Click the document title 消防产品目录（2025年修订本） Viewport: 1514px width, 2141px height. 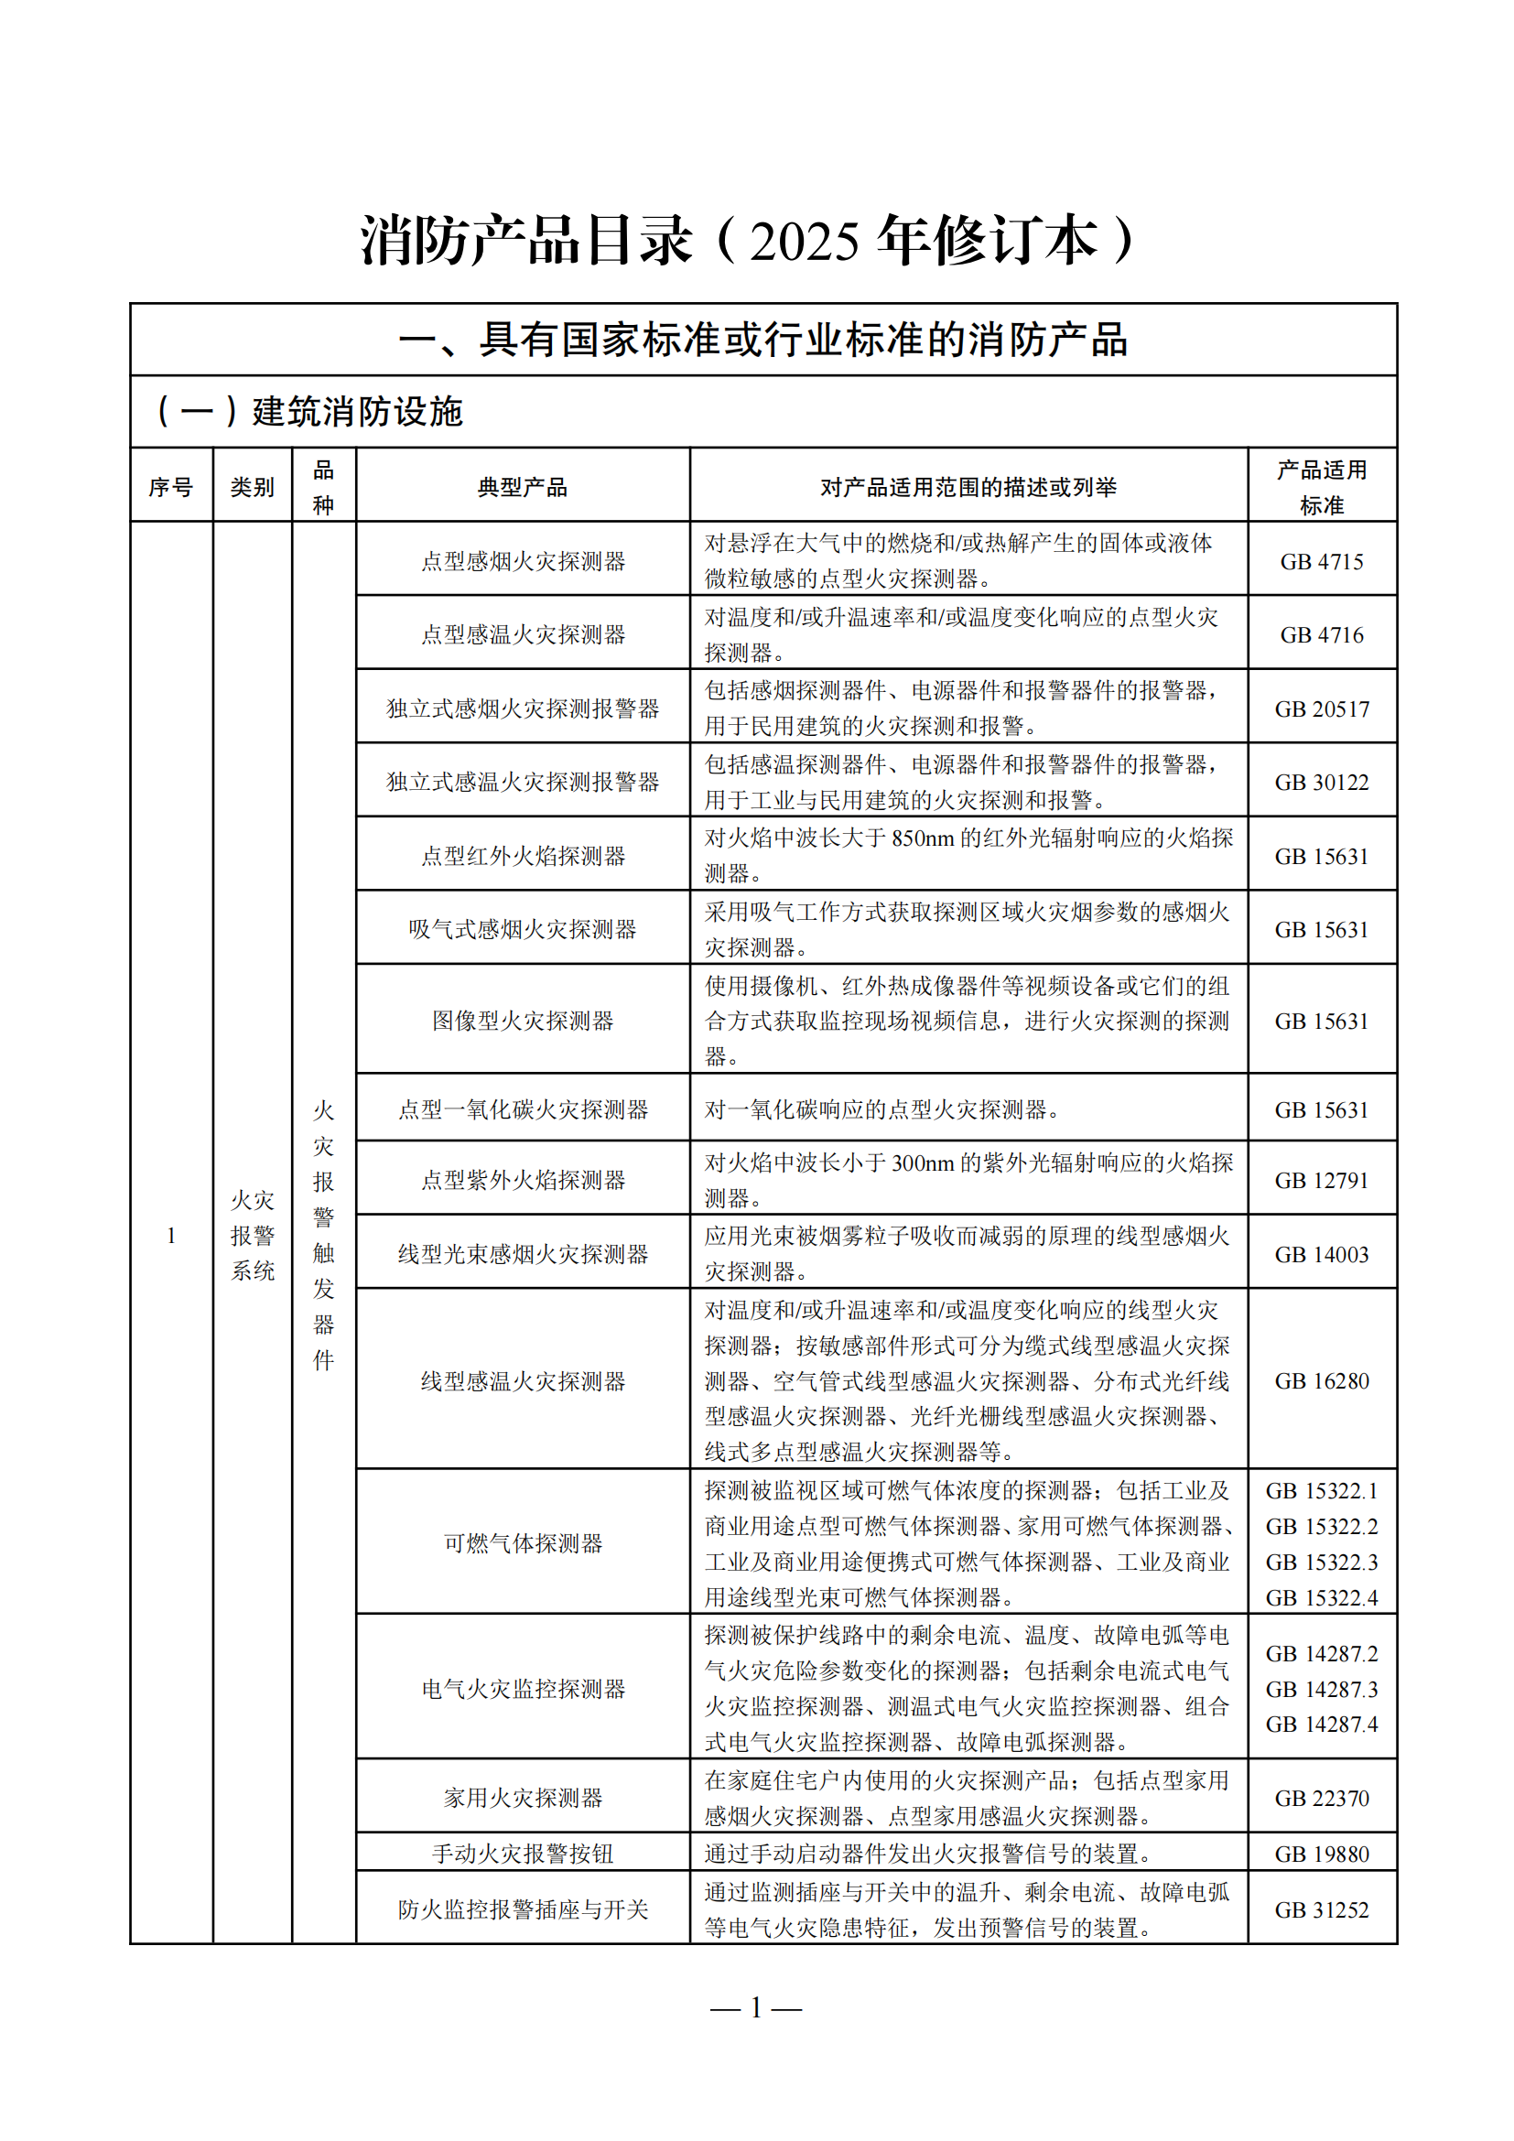point(749,241)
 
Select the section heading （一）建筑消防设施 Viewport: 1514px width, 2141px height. point(310,411)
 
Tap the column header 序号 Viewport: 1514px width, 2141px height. point(170,487)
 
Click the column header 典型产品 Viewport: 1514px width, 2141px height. point(522,487)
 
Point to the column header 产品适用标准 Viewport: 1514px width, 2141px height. point(1321,487)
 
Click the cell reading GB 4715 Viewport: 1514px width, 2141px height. point(1321,561)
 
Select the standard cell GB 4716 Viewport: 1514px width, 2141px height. point(1321,635)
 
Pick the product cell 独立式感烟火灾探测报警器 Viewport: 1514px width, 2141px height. point(522,708)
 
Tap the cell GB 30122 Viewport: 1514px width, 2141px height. point(1321,783)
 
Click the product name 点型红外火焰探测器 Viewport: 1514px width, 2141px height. point(522,856)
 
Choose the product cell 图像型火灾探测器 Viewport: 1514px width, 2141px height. point(522,1022)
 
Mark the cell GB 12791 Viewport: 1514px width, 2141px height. point(1321,1181)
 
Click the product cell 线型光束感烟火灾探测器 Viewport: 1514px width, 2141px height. point(522,1254)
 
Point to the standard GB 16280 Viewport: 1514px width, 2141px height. point(1321,1381)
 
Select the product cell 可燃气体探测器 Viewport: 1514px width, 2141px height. point(522,1543)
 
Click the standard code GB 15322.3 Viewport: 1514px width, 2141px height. point(1321,1562)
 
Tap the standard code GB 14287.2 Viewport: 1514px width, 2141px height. point(1321,1653)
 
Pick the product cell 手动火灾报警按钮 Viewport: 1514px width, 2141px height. point(522,1854)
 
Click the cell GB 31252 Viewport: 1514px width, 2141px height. point(1321,1909)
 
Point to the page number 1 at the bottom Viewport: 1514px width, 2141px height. point(756,2006)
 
